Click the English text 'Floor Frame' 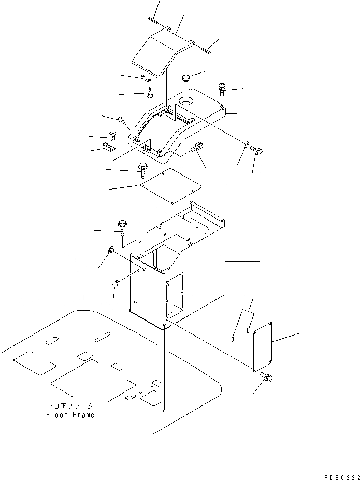tap(70, 415)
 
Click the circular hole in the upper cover tap(186, 98)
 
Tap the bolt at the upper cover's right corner tap(223, 89)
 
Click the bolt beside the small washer tap(256, 150)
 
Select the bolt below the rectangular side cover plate tap(267, 379)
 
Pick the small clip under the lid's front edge tap(146, 78)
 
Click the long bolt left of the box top tap(123, 226)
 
